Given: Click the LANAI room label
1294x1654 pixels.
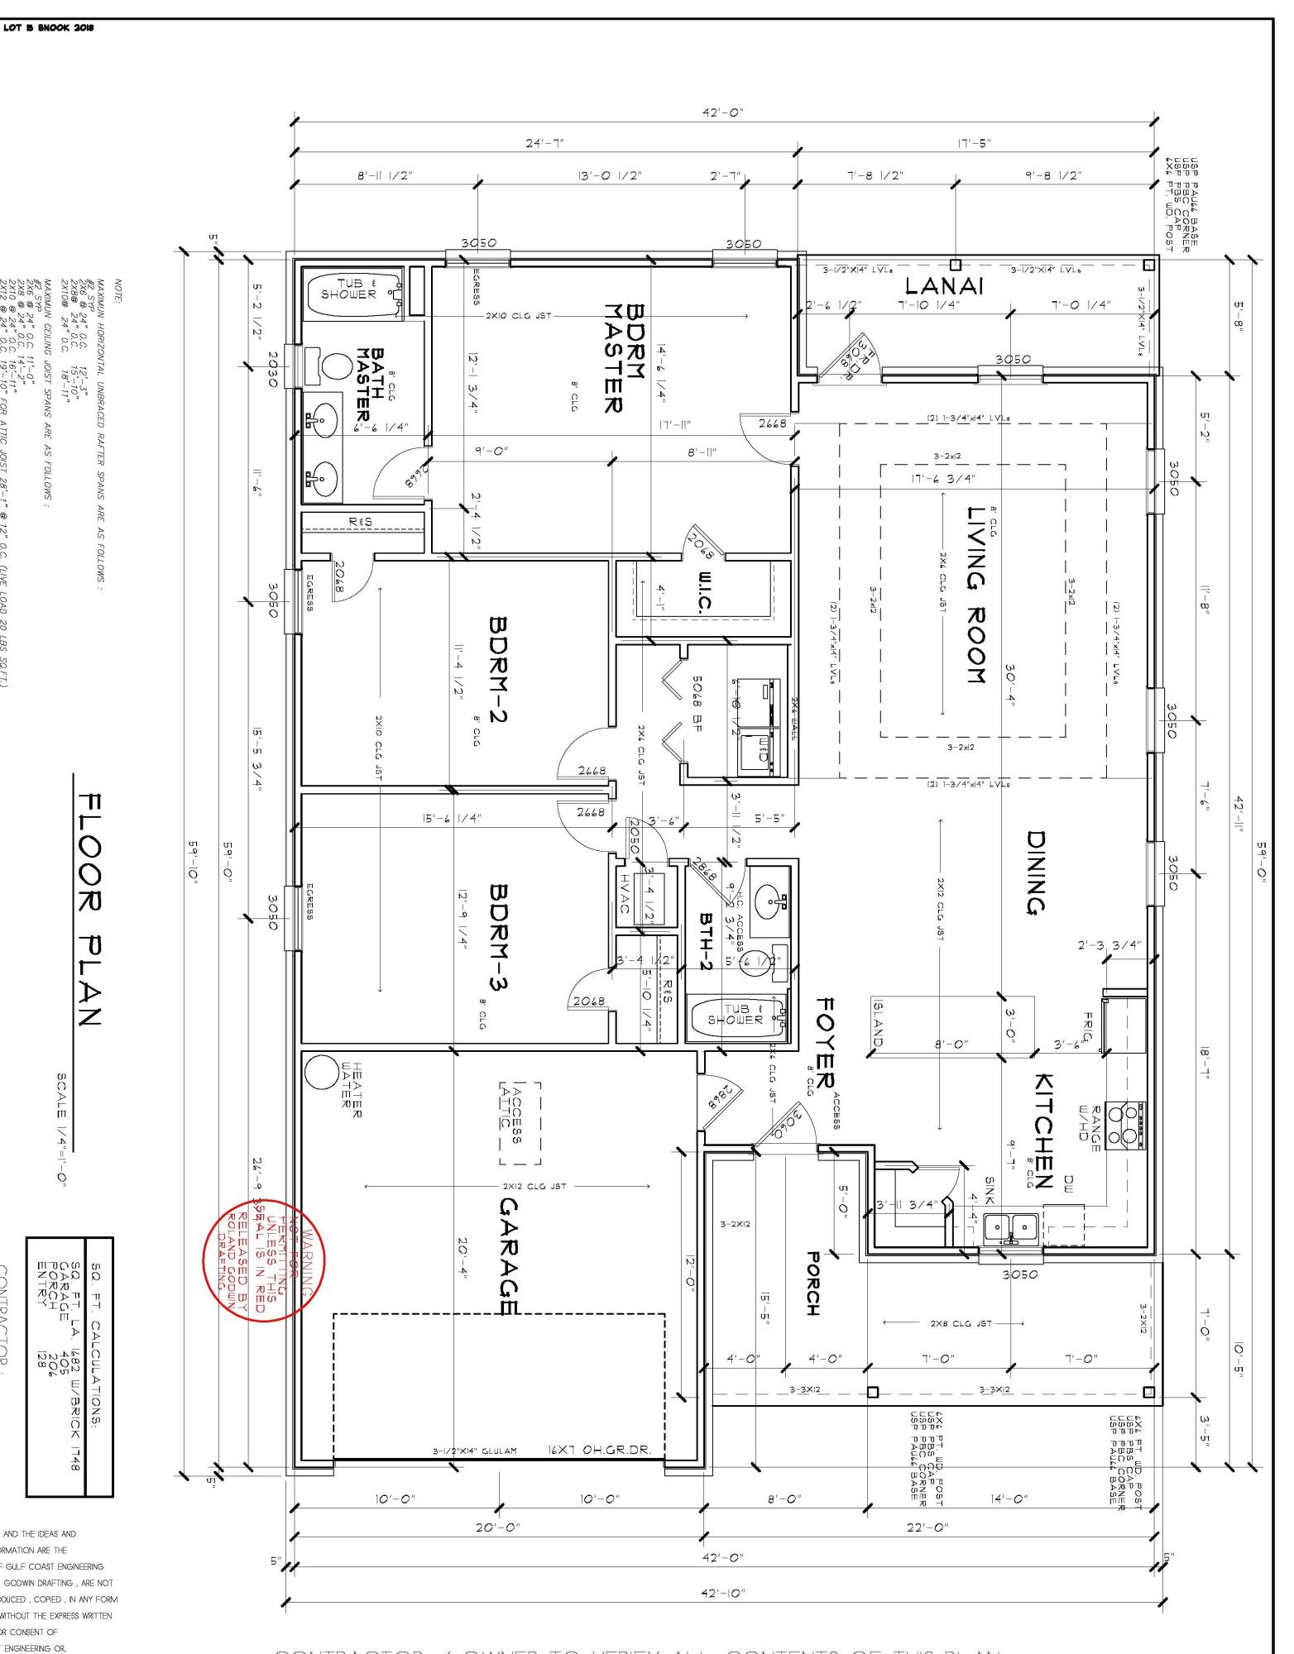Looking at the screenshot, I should pyautogui.click(x=943, y=287).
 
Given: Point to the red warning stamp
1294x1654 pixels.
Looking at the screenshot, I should pyautogui.click(x=264, y=1260).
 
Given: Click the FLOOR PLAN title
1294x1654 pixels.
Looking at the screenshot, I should pyautogui.click(x=89, y=910).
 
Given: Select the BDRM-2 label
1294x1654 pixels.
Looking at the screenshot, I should pyautogui.click(x=498, y=668).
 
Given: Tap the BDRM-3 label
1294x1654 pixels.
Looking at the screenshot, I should pyautogui.click(x=498, y=936).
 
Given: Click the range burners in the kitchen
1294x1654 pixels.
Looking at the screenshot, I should pyautogui.click(x=1128, y=1125).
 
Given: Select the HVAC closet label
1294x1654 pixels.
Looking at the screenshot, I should pyautogui.click(x=625, y=894).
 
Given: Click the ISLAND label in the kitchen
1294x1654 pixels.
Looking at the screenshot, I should pyautogui.click(x=878, y=1024).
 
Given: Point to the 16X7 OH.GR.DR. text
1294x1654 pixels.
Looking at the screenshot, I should pyautogui.click(x=599, y=1450).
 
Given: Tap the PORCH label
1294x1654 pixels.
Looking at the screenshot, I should pyautogui.click(x=813, y=1283).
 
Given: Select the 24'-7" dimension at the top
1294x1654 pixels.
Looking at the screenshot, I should pyautogui.click(x=545, y=143).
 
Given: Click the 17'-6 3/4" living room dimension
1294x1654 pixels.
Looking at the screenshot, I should pyautogui.click(x=944, y=479).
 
